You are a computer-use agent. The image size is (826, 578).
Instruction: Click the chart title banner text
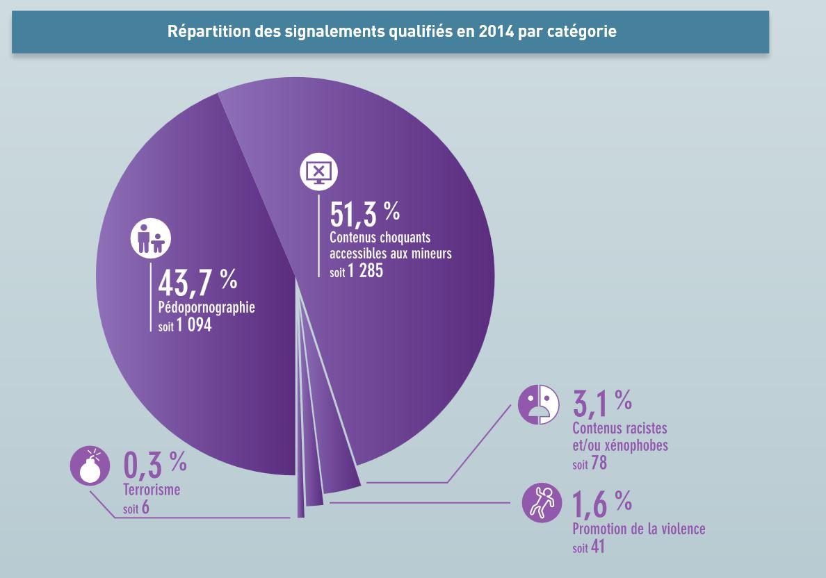[391, 32]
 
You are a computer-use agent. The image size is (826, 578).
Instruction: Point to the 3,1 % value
[602, 404]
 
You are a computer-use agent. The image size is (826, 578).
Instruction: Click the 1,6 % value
[602, 504]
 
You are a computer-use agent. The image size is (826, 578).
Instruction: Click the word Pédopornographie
[206, 307]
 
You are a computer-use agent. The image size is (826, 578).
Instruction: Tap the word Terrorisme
[152, 490]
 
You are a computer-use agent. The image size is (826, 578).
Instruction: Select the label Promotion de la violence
[638, 529]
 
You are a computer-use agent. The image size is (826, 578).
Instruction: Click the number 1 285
[366, 271]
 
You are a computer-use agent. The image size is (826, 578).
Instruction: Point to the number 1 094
[195, 324]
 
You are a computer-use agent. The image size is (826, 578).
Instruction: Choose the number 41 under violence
[598, 547]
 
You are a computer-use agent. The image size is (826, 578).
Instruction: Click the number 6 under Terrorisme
[145, 508]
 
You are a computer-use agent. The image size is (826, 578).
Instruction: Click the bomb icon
[90, 466]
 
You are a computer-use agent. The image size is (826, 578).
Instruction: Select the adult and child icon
[151, 239]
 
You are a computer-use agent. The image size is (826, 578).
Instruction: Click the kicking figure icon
[542, 502]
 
